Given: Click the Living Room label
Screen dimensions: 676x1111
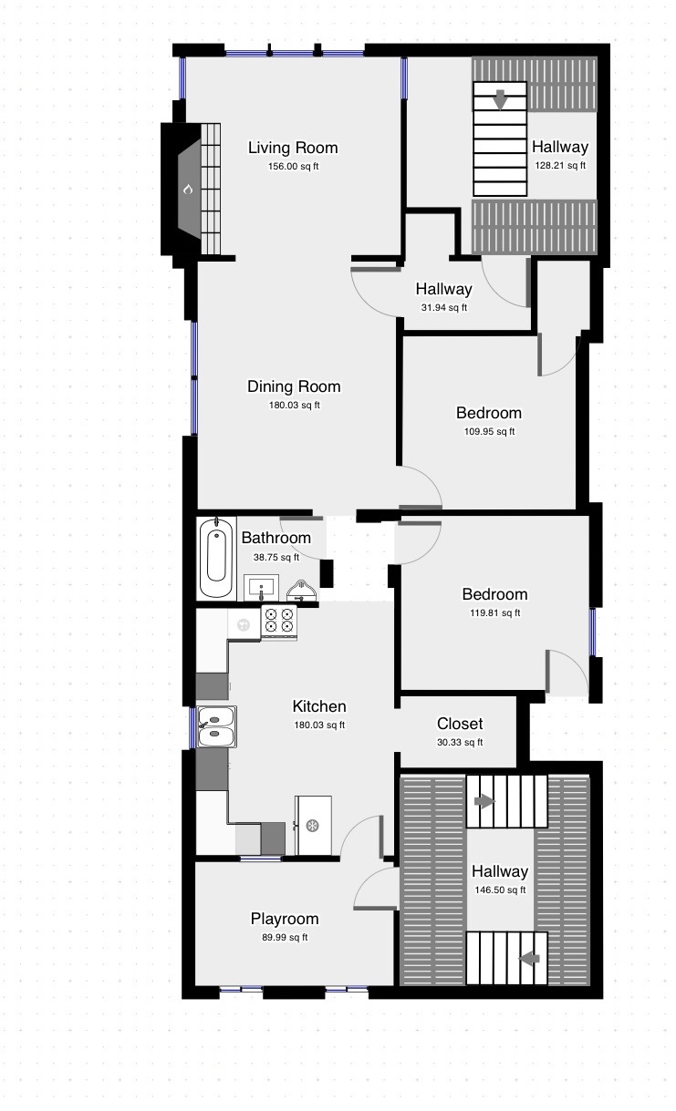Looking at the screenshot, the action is pyautogui.click(x=293, y=148).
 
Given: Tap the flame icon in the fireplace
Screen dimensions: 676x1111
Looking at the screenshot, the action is pyautogui.click(x=188, y=189).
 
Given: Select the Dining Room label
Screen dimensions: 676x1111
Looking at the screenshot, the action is pyautogui.click(x=294, y=386).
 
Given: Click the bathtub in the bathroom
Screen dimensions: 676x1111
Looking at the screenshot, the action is pyautogui.click(x=216, y=558).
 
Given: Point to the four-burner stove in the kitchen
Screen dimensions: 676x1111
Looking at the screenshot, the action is pyautogui.click(x=279, y=622).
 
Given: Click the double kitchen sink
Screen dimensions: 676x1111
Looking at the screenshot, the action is pyautogui.click(x=216, y=726).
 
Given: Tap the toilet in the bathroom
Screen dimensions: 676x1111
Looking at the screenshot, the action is pyautogui.click(x=301, y=590).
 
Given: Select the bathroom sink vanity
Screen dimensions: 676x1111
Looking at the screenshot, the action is pyautogui.click(x=261, y=588).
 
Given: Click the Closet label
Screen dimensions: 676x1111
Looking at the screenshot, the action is pyautogui.click(x=460, y=724).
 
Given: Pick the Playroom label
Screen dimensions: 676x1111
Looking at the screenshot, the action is pyautogui.click(x=285, y=919).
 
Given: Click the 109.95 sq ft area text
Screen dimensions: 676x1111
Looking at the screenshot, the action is pyautogui.click(x=489, y=431).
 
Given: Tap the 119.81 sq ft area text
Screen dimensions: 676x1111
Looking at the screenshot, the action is pyautogui.click(x=494, y=613).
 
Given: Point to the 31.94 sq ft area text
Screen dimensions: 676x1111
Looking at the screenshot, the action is pyautogui.click(x=443, y=307).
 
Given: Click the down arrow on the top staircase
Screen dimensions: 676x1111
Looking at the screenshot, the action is pyautogui.click(x=500, y=99).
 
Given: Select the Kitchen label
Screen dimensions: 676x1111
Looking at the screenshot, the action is pyautogui.click(x=319, y=706).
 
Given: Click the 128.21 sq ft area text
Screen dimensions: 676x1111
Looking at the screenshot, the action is pyautogui.click(x=560, y=166).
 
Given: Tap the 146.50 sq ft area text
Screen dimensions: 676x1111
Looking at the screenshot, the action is pyautogui.click(x=500, y=890).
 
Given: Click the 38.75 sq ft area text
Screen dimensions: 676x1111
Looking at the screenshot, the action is pyautogui.click(x=276, y=557).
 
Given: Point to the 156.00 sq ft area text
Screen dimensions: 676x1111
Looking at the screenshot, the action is pyautogui.click(x=293, y=167).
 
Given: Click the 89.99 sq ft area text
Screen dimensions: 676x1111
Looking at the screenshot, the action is pyautogui.click(x=285, y=938).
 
